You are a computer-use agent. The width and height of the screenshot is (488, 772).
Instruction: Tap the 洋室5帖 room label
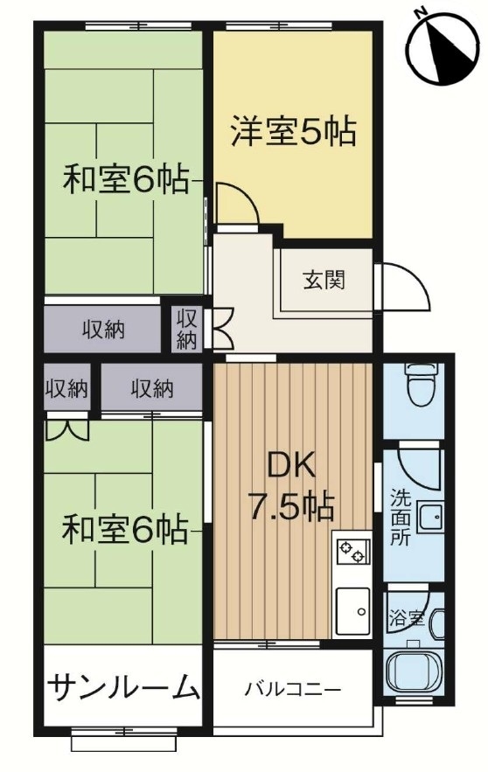[x=293, y=131]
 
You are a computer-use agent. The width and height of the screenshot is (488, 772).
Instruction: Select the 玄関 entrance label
[x=323, y=281]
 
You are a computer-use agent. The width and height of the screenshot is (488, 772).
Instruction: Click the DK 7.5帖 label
[x=291, y=488]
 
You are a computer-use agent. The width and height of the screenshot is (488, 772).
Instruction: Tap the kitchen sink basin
[x=352, y=611]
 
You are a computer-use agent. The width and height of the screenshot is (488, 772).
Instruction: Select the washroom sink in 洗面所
[x=430, y=518]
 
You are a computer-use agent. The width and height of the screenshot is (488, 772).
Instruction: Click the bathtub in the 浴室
[x=415, y=670]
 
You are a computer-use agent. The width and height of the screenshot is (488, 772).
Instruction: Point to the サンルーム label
[x=123, y=687]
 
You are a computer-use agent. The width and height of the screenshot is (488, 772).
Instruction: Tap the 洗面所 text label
[x=400, y=518]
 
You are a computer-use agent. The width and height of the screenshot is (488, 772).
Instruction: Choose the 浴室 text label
[x=407, y=618]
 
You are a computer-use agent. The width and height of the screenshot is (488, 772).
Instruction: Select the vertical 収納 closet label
[x=186, y=329]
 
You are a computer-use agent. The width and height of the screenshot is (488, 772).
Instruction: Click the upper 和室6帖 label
[x=125, y=180]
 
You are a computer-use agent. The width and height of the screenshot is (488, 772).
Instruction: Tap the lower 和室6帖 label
[x=125, y=528]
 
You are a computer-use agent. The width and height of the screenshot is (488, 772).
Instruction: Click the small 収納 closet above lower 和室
[x=67, y=388]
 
